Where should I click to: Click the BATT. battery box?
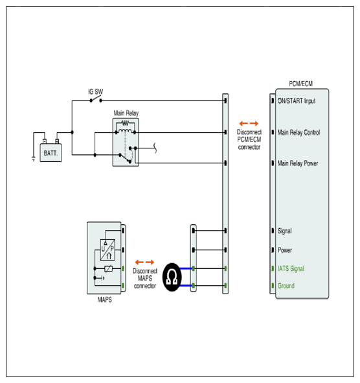(x=51, y=153)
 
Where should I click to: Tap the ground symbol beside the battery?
(x=34, y=159)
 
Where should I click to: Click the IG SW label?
(x=95, y=92)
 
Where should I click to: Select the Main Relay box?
(x=126, y=143)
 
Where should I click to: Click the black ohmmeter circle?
(x=172, y=277)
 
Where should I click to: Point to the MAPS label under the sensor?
(x=105, y=299)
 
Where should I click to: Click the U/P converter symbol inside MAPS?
(x=107, y=250)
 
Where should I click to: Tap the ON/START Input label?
(x=297, y=101)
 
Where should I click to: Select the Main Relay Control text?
(x=298, y=132)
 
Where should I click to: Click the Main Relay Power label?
(x=298, y=163)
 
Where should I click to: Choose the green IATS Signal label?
(x=291, y=268)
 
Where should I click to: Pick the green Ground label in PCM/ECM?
(x=286, y=286)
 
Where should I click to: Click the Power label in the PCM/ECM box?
(x=285, y=250)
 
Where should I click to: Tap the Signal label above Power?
(x=285, y=231)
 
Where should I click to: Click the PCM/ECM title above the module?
(x=300, y=84)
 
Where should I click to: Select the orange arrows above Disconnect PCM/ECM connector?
(x=249, y=123)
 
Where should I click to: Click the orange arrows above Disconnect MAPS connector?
(x=144, y=262)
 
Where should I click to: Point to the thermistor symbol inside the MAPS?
(x=109, y=269)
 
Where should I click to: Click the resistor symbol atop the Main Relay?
(x=125, y=122)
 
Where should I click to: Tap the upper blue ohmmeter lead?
(x=186, y=268)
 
